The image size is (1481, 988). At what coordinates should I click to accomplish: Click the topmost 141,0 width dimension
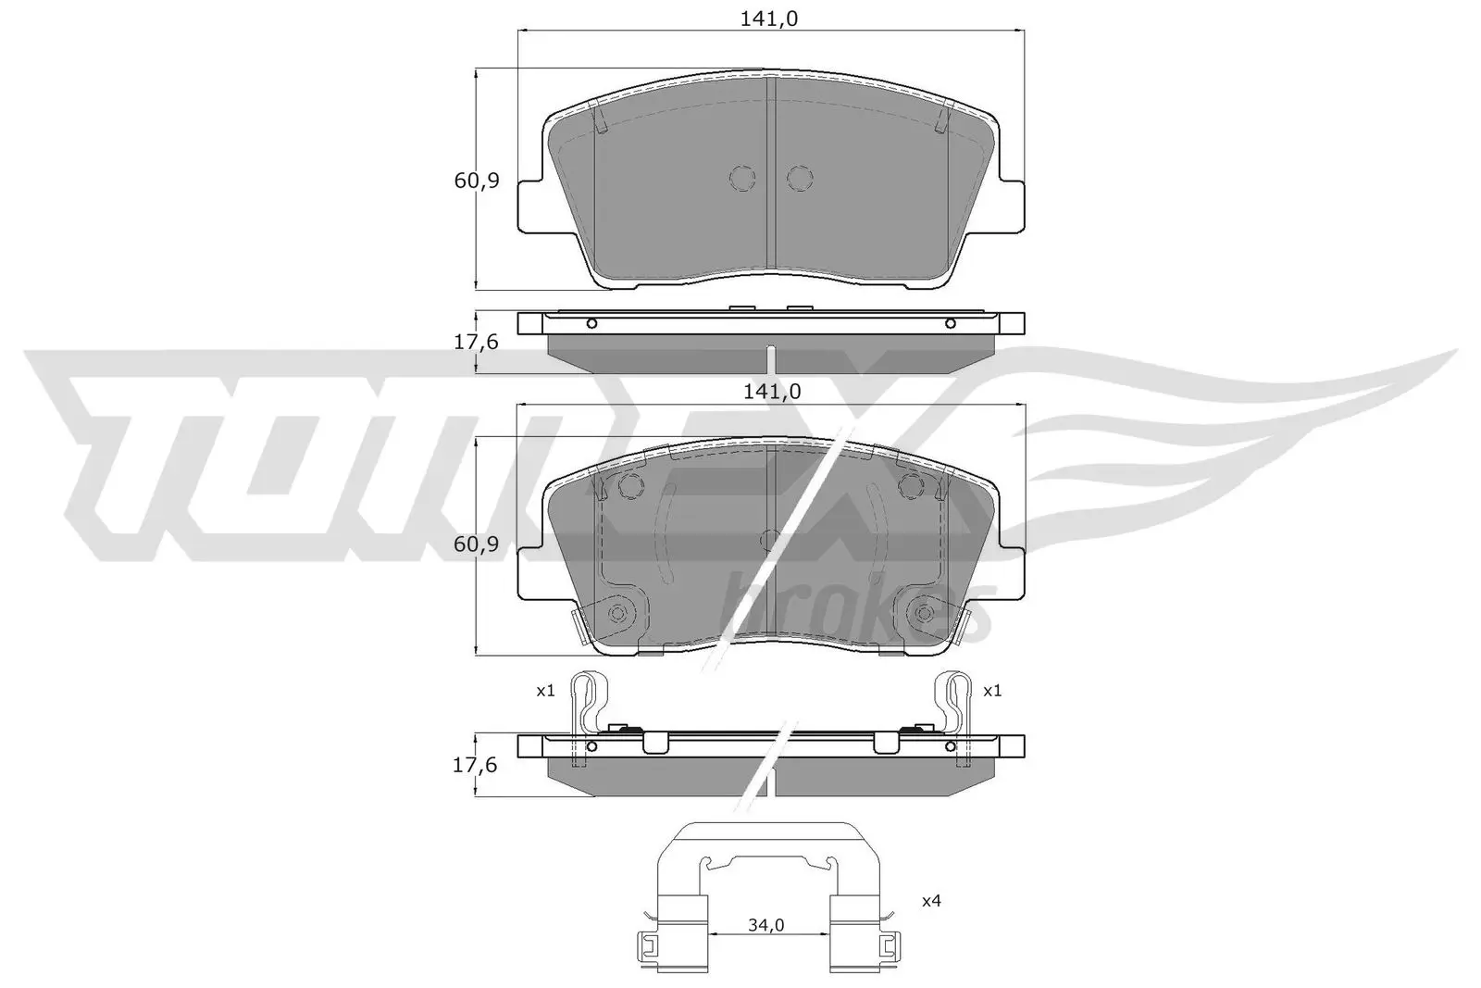tap(770, 19)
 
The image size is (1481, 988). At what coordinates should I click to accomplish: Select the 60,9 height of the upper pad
tap(477, 181)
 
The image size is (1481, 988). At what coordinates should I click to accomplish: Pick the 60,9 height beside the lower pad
tap(477, 544)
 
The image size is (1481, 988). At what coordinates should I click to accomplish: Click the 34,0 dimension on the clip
tap(766, 925)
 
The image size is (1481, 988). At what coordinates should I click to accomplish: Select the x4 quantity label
tap(931, 900)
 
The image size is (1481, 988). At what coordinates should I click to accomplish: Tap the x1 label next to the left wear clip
tap(545, 691)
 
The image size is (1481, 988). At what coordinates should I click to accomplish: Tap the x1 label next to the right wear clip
tap(992, 691)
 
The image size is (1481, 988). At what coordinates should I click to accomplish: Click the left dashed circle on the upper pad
tap(742, 179)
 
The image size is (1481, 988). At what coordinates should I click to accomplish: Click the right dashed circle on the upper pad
tap(800, 179)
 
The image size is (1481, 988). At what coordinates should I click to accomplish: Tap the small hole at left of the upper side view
tap(592, 323)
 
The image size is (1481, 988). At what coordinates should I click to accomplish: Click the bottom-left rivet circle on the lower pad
tap(617, 612)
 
